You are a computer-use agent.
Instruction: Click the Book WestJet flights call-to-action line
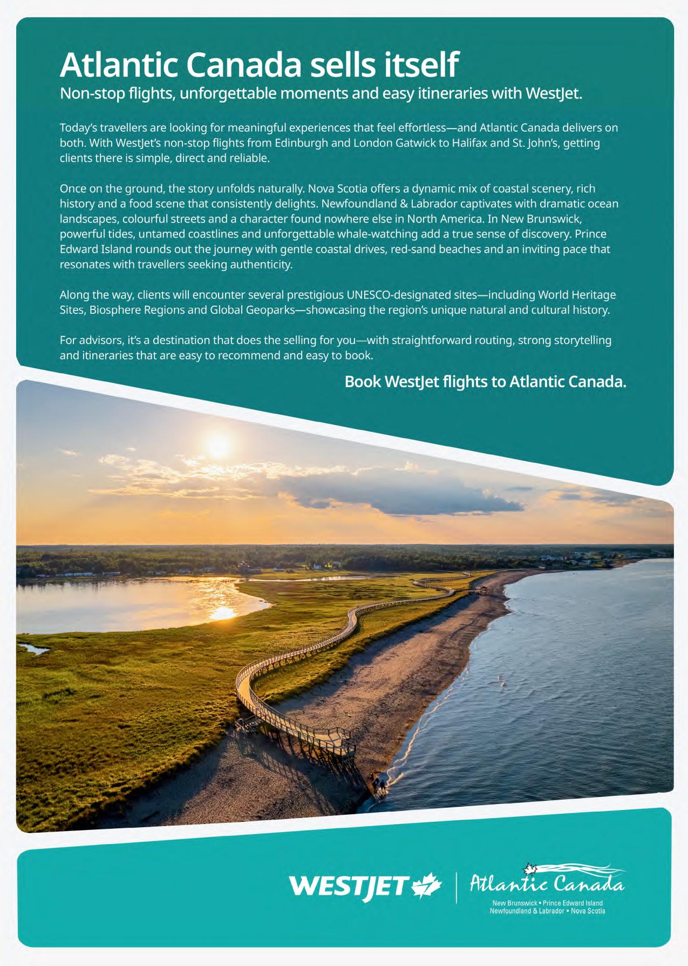click(x=485, y=382)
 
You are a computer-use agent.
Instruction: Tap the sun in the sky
click(x=218, y=445)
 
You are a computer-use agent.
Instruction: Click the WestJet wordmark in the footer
click(x=348, y=886)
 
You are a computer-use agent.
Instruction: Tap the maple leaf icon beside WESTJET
click(x=427, y=886)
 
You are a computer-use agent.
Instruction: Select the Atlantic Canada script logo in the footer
click(x=547, y=882)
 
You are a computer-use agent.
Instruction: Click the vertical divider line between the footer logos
click(x=457, y=887)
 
